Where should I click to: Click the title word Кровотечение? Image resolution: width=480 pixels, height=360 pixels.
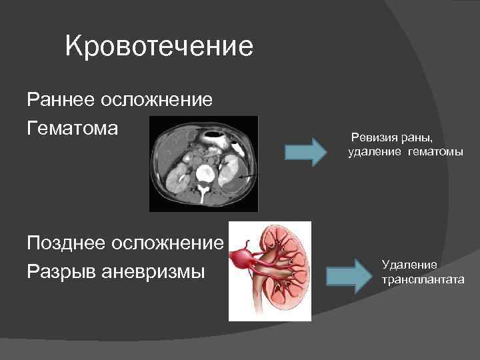159,47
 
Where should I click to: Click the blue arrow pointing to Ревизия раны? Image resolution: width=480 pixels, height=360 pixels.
306,151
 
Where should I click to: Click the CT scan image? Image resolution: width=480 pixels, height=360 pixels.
203,163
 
